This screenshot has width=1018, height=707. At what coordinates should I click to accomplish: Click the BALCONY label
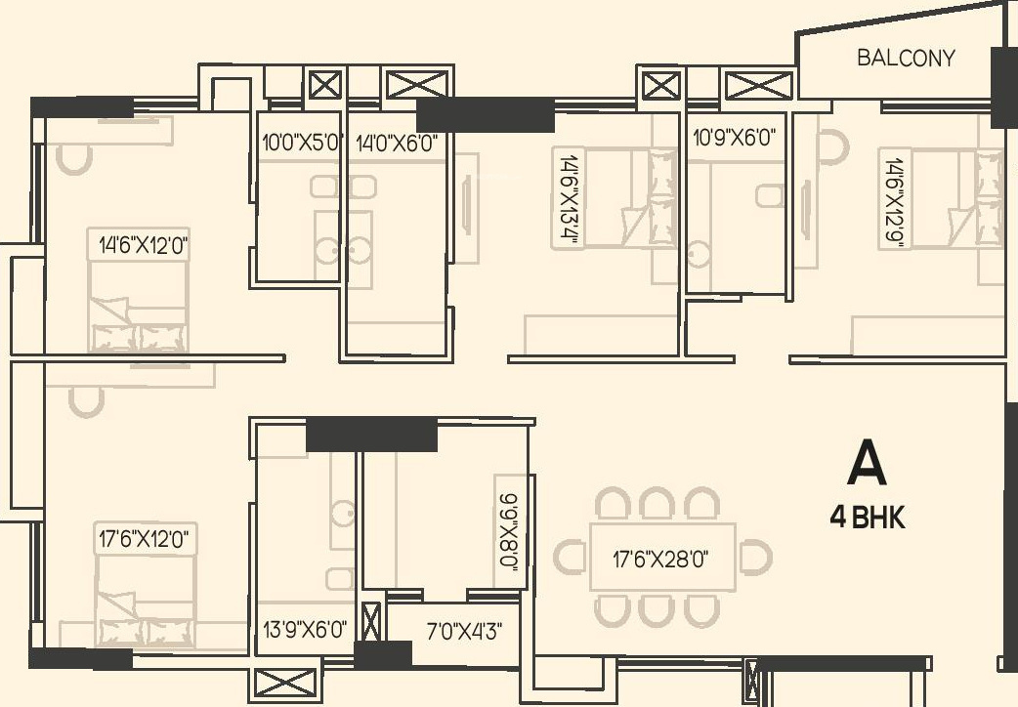coord(906,58)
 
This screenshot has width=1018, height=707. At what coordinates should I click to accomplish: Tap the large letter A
coord(867,464)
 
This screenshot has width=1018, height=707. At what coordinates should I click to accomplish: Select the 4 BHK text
coord(868,519)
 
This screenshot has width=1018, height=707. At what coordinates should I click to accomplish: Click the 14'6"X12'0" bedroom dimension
coord(144,244)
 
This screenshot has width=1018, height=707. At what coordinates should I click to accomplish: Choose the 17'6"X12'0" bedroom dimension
coord(144,538)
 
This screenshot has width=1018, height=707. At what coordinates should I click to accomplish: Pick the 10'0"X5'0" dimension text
coord(299,142)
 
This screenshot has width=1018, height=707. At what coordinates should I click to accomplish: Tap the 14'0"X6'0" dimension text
coord(396,142)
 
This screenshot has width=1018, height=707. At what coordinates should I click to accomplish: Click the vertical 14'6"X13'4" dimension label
coord(567,198)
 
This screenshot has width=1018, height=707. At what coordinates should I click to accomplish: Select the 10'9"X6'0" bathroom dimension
coord(733,138)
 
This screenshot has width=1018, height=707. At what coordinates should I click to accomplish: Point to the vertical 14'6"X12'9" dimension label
coord(892,198)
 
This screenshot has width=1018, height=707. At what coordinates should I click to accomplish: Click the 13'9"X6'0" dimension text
coord(305,629)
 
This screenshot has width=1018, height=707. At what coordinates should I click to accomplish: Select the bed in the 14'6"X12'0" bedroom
coord(137,308)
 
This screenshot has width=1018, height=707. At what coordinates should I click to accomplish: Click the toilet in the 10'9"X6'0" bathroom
coord(770,196)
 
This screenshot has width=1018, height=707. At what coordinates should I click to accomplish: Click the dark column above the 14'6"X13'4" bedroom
coord(486,114)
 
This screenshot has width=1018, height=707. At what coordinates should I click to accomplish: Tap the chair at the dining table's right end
coord(754,558)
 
